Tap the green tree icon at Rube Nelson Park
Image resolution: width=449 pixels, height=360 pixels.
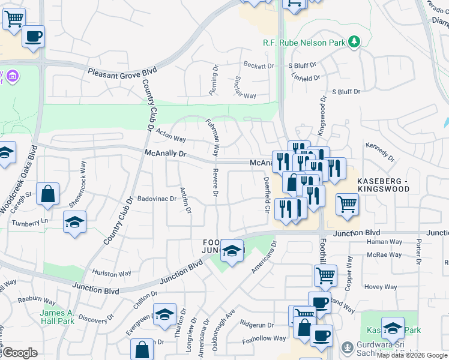(x=355, y=41)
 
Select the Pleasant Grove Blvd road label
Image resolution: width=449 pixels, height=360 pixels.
(x=122, y=71)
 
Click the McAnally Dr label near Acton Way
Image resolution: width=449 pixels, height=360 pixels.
(x=166, y=154)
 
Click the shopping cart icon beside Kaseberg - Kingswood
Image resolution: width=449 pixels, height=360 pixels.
(x=348, y=204)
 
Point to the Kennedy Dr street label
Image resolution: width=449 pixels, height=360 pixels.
(x=380, y=152)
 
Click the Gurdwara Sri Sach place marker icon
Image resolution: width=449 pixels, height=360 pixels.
(x=347, y=347)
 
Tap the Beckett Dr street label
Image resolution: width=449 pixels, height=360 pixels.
(x=259, y=65)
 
